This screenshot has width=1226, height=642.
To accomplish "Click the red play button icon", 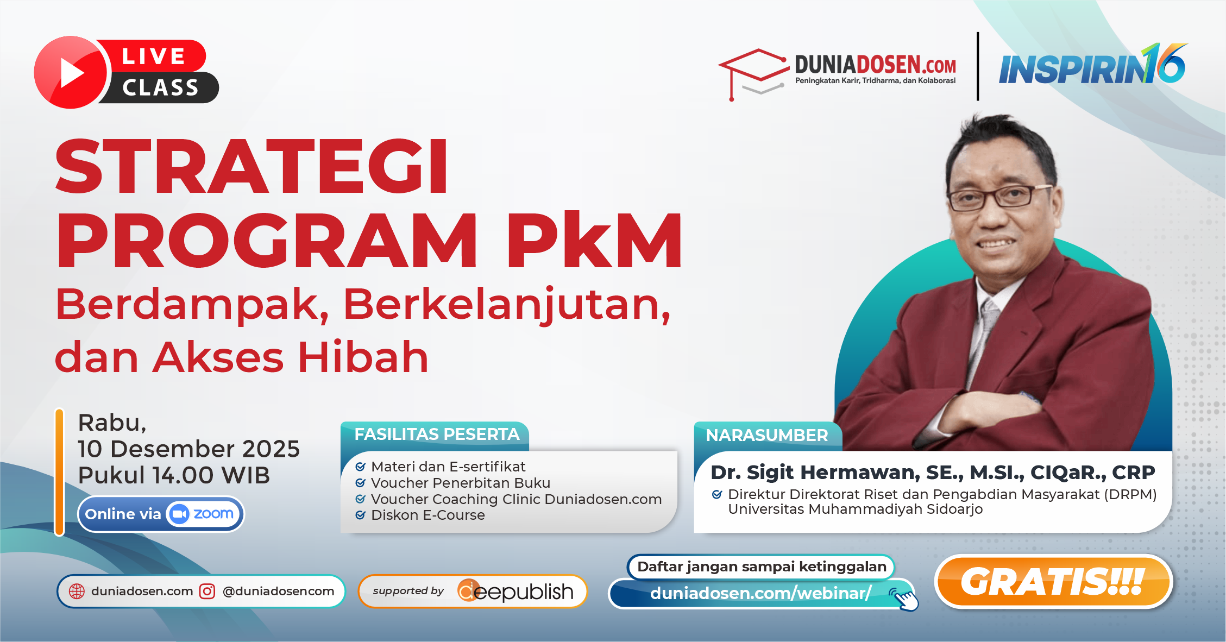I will pyautogui.click(x=71, y=72).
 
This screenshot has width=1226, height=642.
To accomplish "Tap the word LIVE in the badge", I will pyautogui.click(x=154, y=56).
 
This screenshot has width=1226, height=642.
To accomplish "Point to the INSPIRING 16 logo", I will pyautogui.click(x=1092, y=66).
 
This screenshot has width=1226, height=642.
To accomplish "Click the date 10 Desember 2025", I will pyautogui.click(x=188, y=449).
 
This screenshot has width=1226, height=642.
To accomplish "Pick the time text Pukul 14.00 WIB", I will pyautogui.click(x=174, y=475).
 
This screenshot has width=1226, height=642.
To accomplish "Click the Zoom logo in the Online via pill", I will pyautogui.click(x=203, y=514).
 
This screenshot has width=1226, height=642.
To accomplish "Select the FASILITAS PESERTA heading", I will pyautogui.click(x=437, y=435).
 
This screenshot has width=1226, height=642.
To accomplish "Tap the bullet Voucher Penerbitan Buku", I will pyautogui.click(x=460, y=483).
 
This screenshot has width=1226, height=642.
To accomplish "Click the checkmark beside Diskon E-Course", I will pyautogui.click(x=360, y=515).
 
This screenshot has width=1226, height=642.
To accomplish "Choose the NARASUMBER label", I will pyautogui.click(x=766, y=436).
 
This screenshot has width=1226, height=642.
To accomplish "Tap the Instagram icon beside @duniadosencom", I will pyautogui.click(x=208, y=591).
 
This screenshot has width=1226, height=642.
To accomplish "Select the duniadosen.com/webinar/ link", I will pyautogui.click(x=760, y=593).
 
